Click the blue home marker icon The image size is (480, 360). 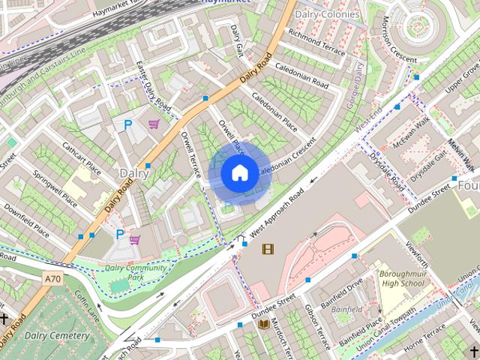pos(238,173)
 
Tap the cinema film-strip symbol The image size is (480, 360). pos(268,248)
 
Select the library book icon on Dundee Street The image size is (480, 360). pos(263,323)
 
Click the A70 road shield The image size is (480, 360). pos(52,279)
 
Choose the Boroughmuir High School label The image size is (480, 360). pos(401,279)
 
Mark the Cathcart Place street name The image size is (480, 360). pos(82,156)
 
